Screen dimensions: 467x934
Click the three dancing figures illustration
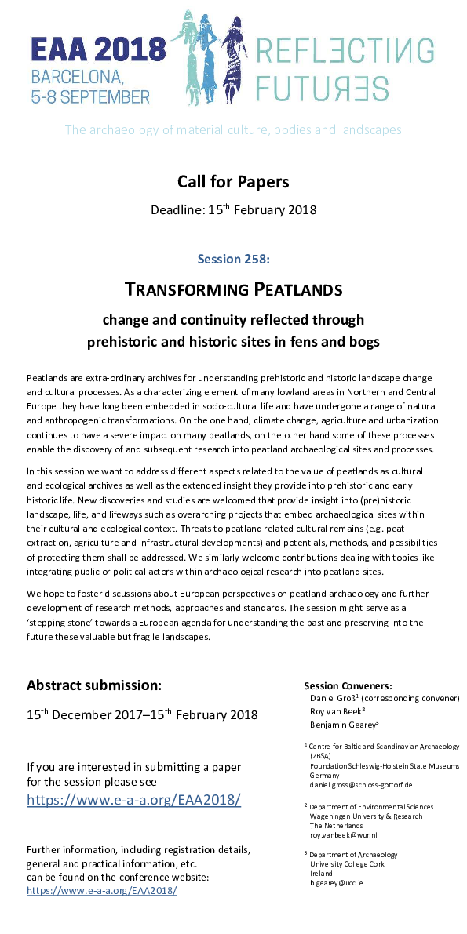[x=212, y=63]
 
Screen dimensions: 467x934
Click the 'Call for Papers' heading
[x=233, y=182]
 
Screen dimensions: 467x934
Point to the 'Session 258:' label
[x=233, y=256]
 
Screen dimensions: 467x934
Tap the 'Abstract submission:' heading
[x=94, y=685]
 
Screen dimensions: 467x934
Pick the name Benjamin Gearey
[x=343, y=725]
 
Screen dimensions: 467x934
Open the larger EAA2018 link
[x=133, y=800]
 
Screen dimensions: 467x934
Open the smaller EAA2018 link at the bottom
[x=101, y=891]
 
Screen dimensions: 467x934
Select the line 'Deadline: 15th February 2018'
[x=233, y=209]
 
